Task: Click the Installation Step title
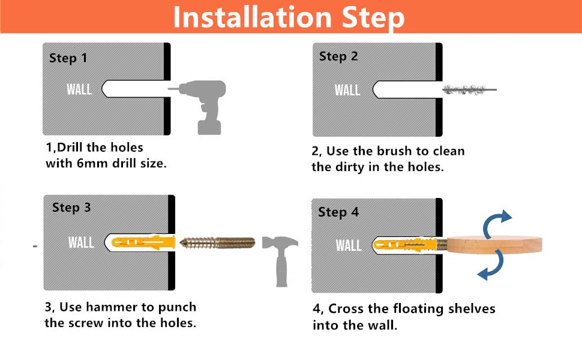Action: (x=289, y=17)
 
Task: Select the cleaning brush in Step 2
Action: (x=470, y=89)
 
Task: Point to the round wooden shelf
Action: (x=494, y=245)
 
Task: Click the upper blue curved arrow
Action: (x=497, y=223)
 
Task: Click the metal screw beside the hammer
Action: (x=218, y=243)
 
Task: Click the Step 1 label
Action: (x=68, y=58)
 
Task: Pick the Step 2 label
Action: (x=338, y=57)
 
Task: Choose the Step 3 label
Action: (x=71, y=208)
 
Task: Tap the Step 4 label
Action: (x=338, y=212)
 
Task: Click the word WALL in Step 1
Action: (x=79, y=89)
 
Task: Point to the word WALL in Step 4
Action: (x=349, y=245)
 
